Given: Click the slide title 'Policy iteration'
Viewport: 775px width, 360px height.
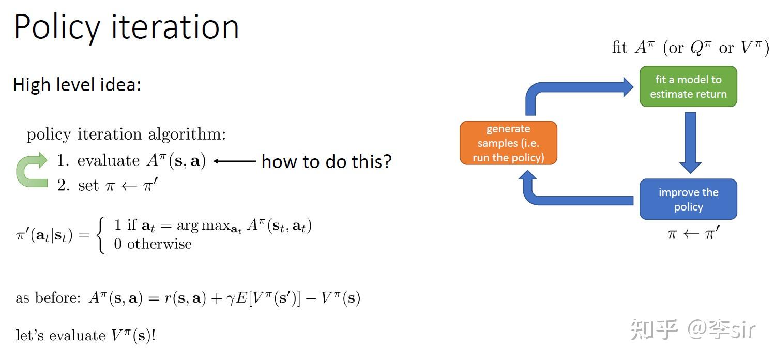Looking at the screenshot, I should [126, 27].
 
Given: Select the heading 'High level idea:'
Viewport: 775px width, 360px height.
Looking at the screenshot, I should [77, 85].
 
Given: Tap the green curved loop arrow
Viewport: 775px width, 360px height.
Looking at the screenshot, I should [32, 170].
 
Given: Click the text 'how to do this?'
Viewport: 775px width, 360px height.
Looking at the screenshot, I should [326, 161].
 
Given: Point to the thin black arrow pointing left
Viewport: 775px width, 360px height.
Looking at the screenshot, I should [234, 161].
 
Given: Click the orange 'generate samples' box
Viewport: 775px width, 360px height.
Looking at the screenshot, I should [508, 143].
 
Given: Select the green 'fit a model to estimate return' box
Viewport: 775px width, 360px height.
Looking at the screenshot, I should [688, 87].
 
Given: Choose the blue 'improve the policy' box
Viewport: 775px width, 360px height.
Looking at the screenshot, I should [688, 199].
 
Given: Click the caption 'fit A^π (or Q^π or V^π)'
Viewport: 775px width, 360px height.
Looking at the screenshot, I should [690, 48].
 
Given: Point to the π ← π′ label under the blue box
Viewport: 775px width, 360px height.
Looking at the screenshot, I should [693, 234].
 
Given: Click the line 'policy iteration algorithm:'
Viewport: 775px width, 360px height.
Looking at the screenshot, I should [126, 134].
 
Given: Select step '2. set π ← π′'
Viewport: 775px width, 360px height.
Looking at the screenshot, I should [107, 185].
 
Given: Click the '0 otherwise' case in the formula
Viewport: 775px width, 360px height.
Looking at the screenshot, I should [153, 244].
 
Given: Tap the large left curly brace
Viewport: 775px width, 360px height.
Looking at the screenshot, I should [101, 235].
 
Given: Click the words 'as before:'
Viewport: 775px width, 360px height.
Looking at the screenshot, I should [48, 298].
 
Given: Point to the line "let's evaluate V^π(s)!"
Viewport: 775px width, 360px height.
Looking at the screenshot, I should [86, 336].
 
